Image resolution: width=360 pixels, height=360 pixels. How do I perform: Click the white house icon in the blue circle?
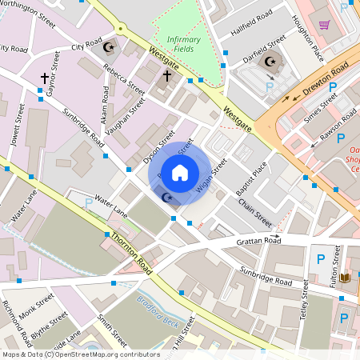pos(180,172)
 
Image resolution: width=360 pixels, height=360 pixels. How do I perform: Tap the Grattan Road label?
pos(258,239)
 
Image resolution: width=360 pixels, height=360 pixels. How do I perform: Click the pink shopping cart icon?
pos(325,25)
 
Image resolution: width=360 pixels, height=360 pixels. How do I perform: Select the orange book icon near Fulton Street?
pos(345,277)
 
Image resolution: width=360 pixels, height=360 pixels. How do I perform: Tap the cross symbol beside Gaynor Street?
pos(44,78)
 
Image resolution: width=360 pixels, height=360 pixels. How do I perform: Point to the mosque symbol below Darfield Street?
pos(270,61)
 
